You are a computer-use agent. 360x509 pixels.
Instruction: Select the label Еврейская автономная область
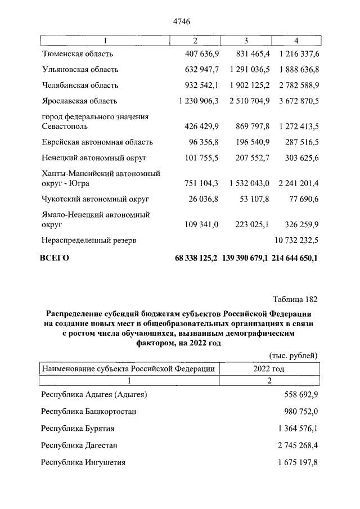(x=97, y=142)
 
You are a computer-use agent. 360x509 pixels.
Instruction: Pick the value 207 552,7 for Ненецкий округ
(x=250, y=158)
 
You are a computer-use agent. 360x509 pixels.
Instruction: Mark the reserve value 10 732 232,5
(x=295, y=240)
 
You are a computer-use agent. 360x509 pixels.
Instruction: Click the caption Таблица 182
(x=295, y=298)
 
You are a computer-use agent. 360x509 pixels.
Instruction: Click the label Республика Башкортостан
(x=89, y=411)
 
